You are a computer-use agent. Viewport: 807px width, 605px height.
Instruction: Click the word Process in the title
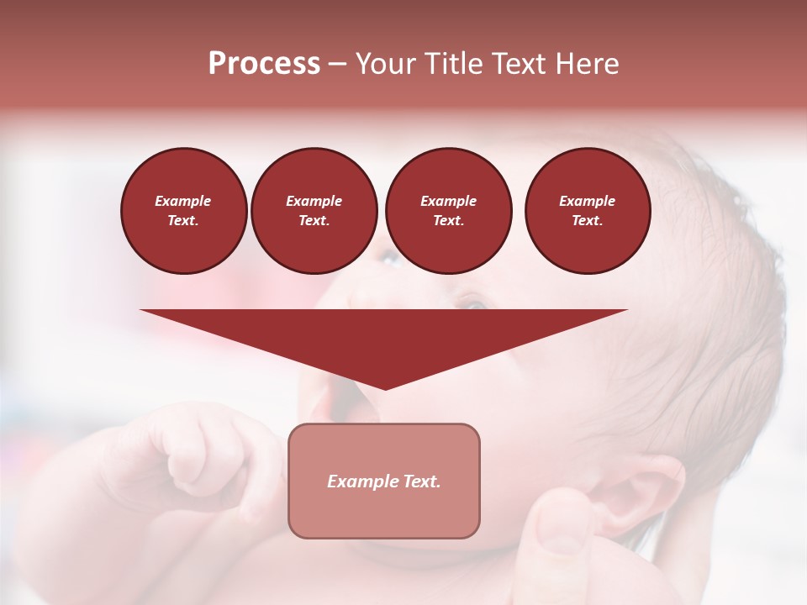264,64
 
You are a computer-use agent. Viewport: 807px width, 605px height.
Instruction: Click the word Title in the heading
455,64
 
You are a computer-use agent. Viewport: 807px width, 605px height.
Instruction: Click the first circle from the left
183,210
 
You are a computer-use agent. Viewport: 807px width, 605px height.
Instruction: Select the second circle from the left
314,210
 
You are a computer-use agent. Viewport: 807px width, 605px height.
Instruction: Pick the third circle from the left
448,210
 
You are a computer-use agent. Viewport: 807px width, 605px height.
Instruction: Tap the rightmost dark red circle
587,210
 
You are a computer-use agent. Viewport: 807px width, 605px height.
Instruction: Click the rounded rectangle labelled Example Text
384,481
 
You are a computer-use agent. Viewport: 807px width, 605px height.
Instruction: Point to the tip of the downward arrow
385,388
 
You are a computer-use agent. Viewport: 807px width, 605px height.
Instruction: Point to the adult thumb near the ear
559,529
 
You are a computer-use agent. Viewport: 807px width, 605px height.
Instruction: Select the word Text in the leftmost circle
182,221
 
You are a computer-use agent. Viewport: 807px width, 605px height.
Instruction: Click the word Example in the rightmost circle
587,201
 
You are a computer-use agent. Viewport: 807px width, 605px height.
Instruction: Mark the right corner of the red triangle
625,311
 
